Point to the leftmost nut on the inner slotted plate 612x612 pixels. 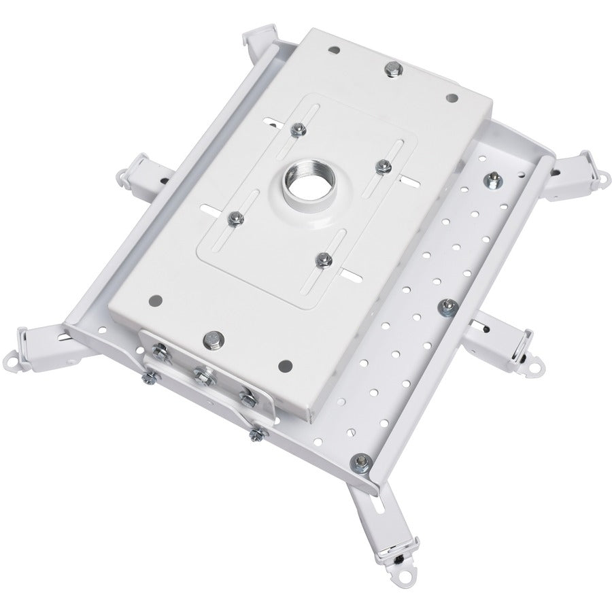(234, 218)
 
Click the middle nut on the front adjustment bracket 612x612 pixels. (201, 373)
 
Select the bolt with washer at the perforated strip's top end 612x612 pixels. (492, 181)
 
